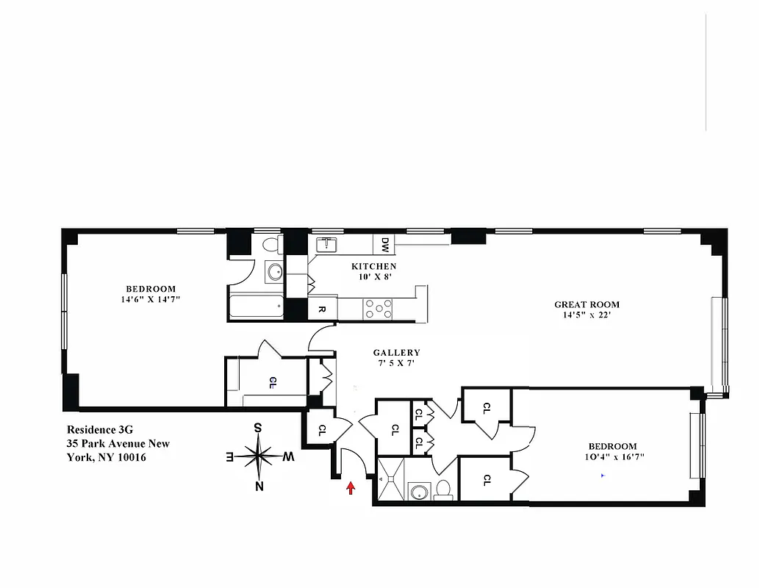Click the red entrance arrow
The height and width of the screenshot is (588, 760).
(x=351, y=487)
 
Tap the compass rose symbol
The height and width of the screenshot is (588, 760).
(x=258, y=456)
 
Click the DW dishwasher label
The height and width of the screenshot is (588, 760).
(x=384, y=243)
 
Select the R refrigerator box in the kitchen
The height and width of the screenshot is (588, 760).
(x=322, y=309)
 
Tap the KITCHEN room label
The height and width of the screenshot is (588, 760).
(x=373, y=266)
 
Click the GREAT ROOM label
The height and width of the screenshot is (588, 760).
(x=587, y=304)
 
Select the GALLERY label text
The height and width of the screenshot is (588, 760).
(x=396, y=353)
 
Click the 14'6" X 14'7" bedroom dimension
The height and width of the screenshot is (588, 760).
(x=151, y=299)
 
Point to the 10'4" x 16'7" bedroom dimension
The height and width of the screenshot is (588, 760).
(x=612, y=456)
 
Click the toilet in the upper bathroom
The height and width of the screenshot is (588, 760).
(x=270, y=245)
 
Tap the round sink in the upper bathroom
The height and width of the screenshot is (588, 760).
(x=274, y=272)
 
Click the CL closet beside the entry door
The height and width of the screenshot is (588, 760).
(x=321, y=431)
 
